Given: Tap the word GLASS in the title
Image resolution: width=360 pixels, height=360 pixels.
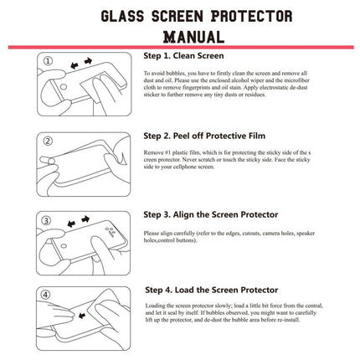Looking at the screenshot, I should (126, 16).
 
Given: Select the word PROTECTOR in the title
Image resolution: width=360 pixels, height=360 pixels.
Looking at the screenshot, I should (250, 16).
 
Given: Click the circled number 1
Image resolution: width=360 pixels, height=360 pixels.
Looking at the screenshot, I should (48, 61).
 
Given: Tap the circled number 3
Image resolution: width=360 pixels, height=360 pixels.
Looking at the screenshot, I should (48, 219).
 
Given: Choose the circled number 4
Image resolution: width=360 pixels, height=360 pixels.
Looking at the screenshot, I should (48, 295).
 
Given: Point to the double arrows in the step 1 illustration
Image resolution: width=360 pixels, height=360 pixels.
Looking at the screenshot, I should (79, 64).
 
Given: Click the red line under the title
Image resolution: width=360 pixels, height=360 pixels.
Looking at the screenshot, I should (180, 48).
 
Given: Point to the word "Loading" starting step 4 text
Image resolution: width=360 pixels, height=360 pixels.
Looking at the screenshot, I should (157, 307).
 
